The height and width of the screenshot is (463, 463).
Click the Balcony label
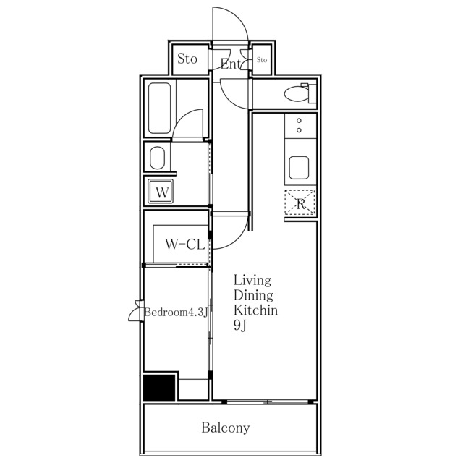[226, 428]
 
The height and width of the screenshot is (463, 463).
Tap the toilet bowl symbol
[296, 93]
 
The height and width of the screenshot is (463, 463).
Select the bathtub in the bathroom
[159, 108]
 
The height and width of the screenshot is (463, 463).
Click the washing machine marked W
[161, 191]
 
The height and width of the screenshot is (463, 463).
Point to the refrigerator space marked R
[300, 203]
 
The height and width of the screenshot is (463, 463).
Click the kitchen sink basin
[299, 167]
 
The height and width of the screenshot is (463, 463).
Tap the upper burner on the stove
[299, 121]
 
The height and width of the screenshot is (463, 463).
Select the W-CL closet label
[185, 245]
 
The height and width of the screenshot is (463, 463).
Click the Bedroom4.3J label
[177, 312]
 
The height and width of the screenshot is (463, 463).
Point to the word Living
[252, 281]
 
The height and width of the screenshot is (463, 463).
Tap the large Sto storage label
[187, 59]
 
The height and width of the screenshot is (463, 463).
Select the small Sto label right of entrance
[262, 60]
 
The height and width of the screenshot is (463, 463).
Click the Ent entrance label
[231, 64]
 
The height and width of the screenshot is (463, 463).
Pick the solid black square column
[159, 387]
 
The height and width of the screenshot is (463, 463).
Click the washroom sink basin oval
[157, 158]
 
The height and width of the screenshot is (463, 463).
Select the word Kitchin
[255, 310]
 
